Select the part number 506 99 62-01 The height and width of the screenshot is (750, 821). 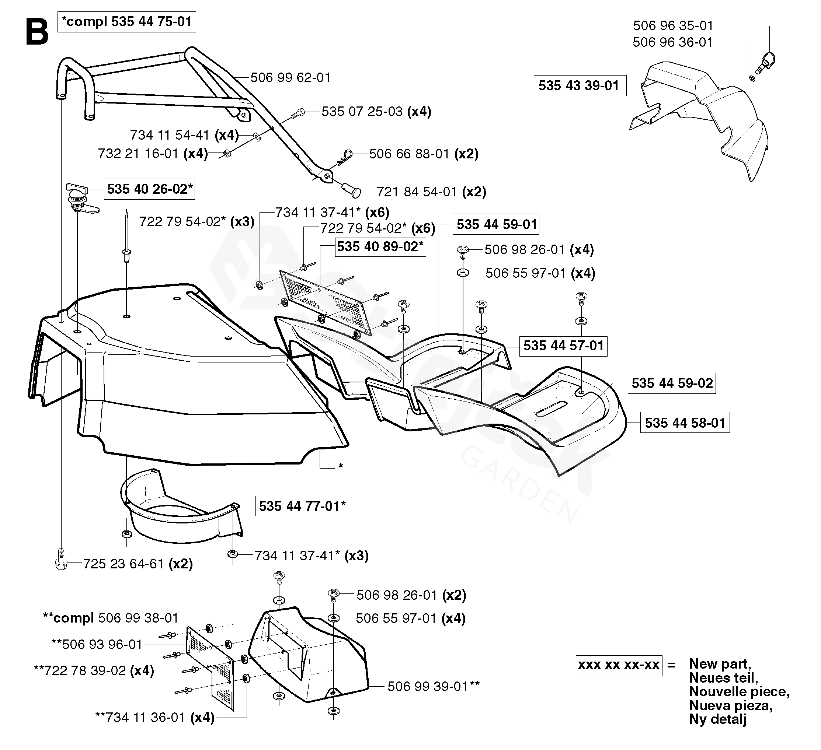pyautogui.click(x=290, y=77)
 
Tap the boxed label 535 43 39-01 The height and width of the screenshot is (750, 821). pyautogui.click(x=579, y=85)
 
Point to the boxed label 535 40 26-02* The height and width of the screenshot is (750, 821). pyautogui.click(x=149, y=189)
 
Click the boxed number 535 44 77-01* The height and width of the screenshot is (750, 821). pyautogui.click(x=302, y=506)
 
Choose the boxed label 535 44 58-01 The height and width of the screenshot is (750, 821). pyautogui.click(x=685, y=423)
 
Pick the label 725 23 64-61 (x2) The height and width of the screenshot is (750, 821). pyautogui.click(x=138, y=564)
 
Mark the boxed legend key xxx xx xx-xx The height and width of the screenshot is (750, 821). pyautogui.click(x=619, y=665)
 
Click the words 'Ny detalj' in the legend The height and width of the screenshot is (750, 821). pyautogui.click(x=717, y=719)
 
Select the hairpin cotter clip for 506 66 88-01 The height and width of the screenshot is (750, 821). pyautogui.click(x=345, y=157)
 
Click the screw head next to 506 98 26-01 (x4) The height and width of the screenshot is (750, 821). pyautogui.click(x=463, y=251)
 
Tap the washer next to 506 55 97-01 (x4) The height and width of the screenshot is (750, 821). pyautogui.click(x=463, y=272)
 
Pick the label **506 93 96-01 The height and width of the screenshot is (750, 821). pyautogui.click(x=97, y=644)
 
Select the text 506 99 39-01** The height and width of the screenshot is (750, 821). pyautogui.click(x=433, y=687)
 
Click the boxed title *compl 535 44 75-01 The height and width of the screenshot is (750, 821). pyautogui.click(x=127, y=22)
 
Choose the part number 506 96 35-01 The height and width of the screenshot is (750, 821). pyautogui.click(x=673, y=26)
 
